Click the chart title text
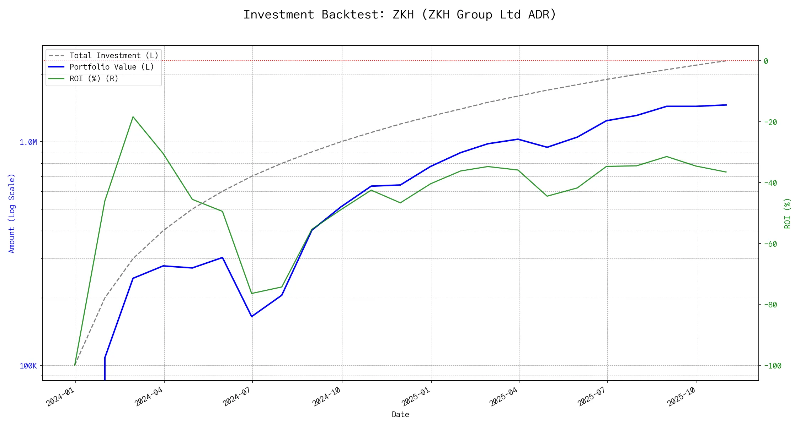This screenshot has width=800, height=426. pyautogui.click(x=400, y=15)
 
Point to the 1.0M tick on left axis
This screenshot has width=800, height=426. pyautogui.click(x=28, y=142)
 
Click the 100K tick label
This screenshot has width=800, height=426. pyautogui.click(x=28, y=366)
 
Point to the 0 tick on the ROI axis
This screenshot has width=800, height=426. pyautogui.click(x=766, y=61)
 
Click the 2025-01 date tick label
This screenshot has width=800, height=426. pyautogui.click(x=416, y=396)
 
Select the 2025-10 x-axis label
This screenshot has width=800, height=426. pyautogui.click(x=682, y=396)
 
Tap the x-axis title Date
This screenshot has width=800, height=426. pyautogui.click(x=400, y=415)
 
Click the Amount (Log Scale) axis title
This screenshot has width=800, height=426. pyautogui.click(x=12, y=213)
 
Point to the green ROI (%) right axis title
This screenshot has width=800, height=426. pyautogui.click(x=787, y=213)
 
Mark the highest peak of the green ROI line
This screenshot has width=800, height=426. pyautogui.click(x=133, y=117)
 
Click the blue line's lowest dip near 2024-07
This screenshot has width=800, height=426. pyautogui.click(x=252, y=316)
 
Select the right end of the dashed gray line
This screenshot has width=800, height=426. pyautogui.click(x=726, y=61)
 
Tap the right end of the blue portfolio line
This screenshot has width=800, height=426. pyautogui.click(x=726, y=105)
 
